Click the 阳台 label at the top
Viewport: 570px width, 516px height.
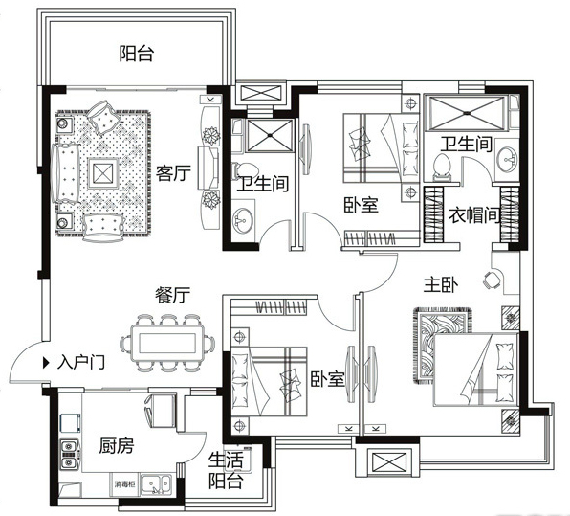137,54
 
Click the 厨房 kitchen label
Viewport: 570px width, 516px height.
116,446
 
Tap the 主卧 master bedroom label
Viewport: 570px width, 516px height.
442,284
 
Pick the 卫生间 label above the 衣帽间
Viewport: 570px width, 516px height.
466,145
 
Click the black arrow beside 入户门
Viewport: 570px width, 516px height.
47,363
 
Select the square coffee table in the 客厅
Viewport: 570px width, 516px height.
101,173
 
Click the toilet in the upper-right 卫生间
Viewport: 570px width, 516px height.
441,169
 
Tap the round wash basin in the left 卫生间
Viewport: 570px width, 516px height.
242,216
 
